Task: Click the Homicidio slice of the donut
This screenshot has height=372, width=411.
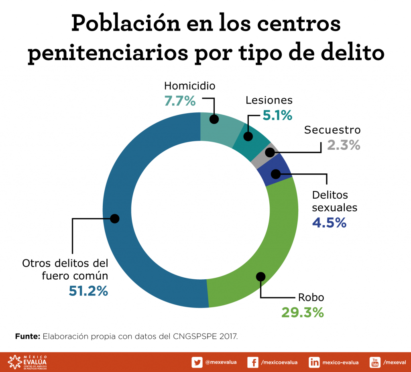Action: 221,128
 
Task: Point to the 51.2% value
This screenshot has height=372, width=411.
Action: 88,291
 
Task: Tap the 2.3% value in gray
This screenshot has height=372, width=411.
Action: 344,145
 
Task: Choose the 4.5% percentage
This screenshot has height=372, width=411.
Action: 329,223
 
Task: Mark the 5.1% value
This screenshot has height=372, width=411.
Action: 277,115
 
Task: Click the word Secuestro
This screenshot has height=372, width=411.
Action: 332,130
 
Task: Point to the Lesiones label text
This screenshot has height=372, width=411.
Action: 269,100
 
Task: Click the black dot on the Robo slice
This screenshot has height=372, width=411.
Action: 261,276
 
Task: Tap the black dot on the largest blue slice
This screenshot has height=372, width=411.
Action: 115,218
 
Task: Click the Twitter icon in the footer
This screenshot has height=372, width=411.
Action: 197,362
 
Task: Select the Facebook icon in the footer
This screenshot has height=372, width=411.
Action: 253,362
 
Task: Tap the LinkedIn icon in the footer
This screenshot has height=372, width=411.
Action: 314,362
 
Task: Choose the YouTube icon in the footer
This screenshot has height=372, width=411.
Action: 375,362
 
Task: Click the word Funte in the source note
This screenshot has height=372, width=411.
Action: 27,336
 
